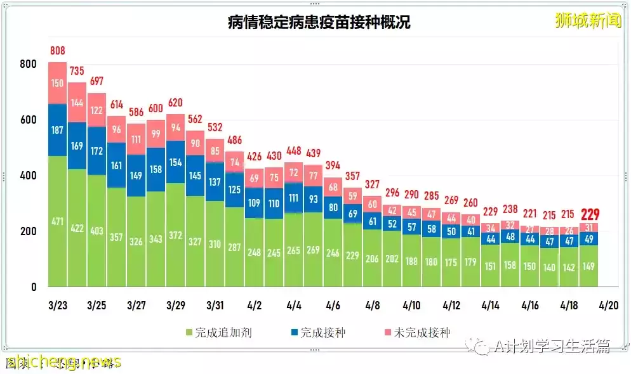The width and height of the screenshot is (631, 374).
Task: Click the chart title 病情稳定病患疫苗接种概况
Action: coord(319,23)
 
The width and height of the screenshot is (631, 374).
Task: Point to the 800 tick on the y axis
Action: coord(28,64)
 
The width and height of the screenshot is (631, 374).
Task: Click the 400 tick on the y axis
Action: coord(28,176)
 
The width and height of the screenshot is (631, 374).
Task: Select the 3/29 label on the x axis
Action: coord(176,305)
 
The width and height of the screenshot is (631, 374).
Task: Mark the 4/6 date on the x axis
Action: coord(333,305)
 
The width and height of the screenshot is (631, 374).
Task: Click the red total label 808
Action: coord(57,51)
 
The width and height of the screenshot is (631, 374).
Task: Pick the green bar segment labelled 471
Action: coord(57,222)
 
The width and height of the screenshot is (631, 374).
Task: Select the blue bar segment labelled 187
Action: coord(57,130)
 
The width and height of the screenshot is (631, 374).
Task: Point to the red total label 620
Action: coord(176,103)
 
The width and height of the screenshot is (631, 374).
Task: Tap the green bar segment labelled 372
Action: coord(176,235)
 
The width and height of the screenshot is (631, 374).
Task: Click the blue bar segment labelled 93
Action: coord(313,199)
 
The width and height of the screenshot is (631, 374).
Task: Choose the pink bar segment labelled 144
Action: coord(77,102)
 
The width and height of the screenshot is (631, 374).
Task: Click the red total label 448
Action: coord(293,150)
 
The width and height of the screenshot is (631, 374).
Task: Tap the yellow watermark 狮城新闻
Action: coord(588,20)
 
